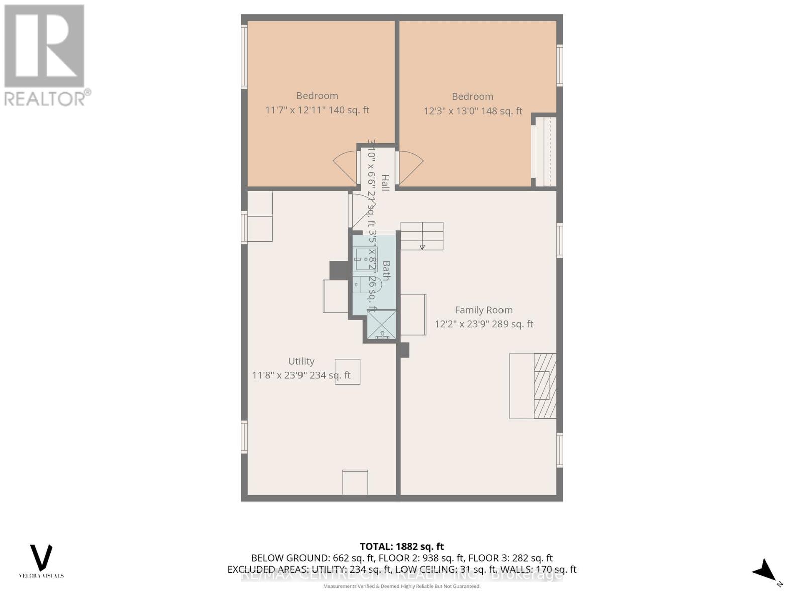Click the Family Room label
[483, 310]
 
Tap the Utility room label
[301, 361]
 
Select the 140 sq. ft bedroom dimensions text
[317, 110]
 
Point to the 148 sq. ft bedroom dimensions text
[472, 111]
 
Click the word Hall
[385, 182]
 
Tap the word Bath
[386, 270]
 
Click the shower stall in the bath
[382, 324]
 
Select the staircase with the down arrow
[422, 236]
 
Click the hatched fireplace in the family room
[545, 385]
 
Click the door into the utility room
[359, 210]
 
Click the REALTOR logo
[45, 54]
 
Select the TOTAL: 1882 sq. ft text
[401, 546]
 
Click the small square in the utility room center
[347, 372]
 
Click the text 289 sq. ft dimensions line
[483, 324]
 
